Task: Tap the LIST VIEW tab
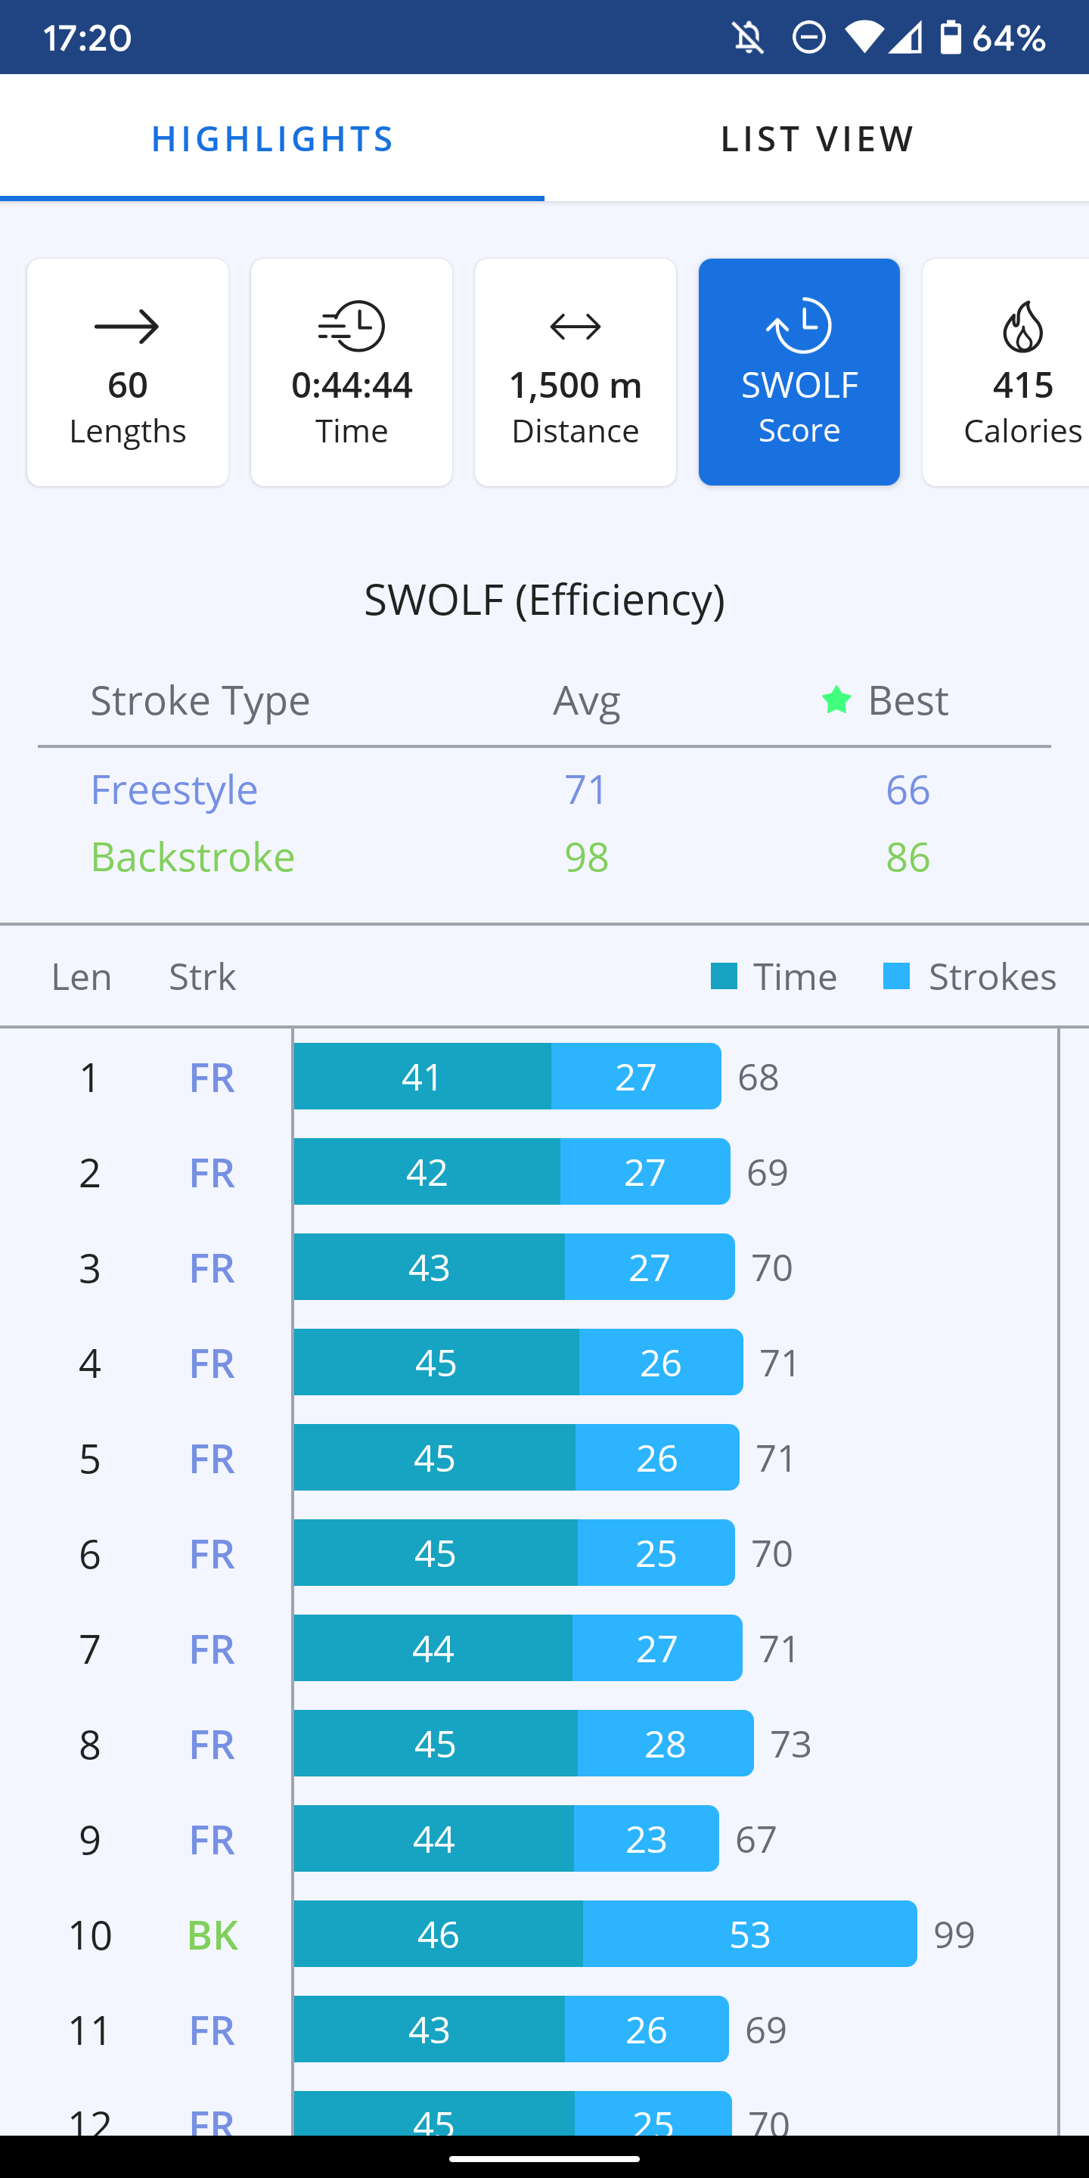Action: tap(817, 138)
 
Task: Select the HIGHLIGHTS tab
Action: tap(272, 138)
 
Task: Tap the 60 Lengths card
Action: tap(128, 372)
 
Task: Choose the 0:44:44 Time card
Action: tap(352, 372)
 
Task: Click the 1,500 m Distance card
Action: tap(575, 372)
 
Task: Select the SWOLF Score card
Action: tap(799, 372)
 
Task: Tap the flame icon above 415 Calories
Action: tap(1022, 327)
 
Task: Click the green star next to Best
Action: tap(836, 700)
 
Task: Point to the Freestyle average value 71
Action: tap(586, 790)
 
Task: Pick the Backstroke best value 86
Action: tap(907, 858)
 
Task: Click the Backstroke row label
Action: tap(193, 858)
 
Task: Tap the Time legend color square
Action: tap(724, 976)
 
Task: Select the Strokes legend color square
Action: tap(896, 976)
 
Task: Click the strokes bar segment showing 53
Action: tap(749, 1934)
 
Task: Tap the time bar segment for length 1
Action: tap(422, 1076)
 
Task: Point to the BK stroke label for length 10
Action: tap(213, 1934)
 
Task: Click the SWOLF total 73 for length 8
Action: tap(790, 1743)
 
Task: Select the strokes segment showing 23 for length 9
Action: tap(646, 1839)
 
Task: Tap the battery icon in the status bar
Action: tap(951, 37)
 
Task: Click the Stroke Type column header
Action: tap(200, 700)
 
